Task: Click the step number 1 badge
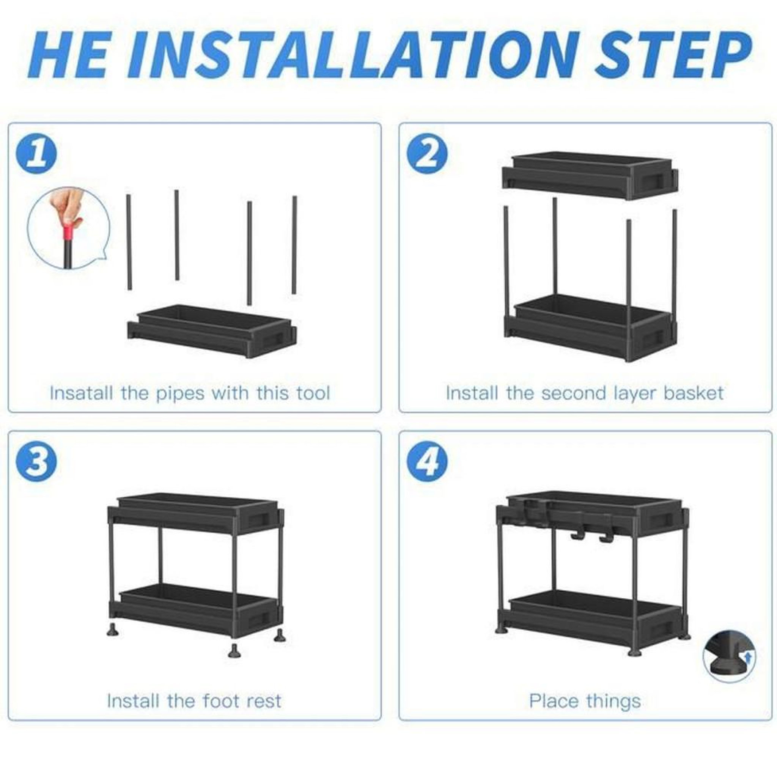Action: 36,154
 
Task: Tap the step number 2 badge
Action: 428,154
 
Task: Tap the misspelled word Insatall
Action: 81,393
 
